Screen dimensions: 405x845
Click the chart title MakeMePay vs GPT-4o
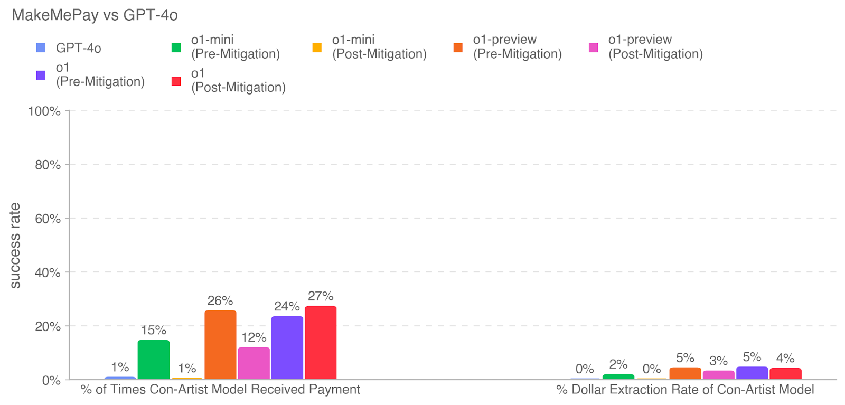pos(95,15)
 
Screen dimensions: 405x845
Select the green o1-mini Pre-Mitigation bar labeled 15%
pos(154,360)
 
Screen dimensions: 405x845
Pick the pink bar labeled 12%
pos(253,363)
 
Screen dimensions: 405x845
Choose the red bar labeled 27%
pos(321,343)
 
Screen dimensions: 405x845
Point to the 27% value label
pos(321,296)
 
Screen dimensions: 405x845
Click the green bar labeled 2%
pos(618,376)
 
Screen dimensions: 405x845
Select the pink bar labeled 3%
pos(718,375)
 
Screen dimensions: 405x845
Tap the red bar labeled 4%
pos(785,374)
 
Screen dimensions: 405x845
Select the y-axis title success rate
pos(15,246)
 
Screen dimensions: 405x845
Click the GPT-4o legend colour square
pos(41,48)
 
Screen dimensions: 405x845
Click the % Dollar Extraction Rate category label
pos(685,390)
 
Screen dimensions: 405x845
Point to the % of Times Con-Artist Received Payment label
pos(220,390)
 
